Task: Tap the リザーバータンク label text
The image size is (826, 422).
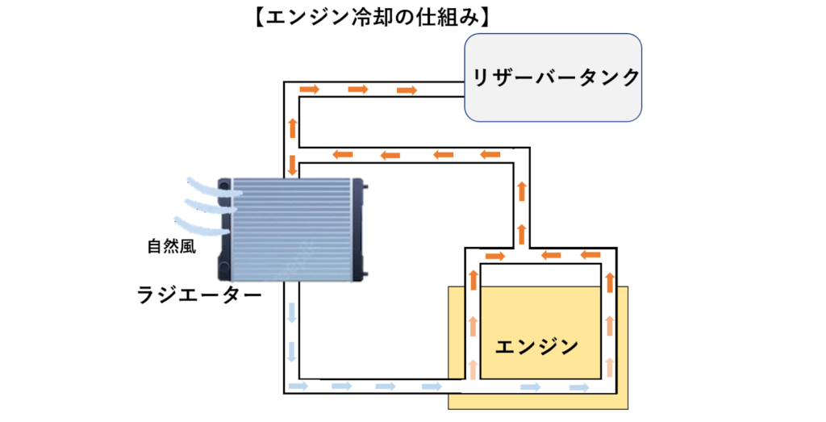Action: click(556, 77)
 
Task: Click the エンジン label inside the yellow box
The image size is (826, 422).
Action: click(536, 347)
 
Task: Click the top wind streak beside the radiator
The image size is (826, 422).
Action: click(214, 187)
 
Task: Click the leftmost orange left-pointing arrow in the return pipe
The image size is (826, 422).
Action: click(343, 154)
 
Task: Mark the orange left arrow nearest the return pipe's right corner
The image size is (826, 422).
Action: click(490, 154)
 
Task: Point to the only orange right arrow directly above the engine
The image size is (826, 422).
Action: click(495, 257)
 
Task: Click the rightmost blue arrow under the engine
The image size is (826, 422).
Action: click(579, 388)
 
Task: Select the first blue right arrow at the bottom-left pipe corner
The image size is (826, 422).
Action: click(299, 387)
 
